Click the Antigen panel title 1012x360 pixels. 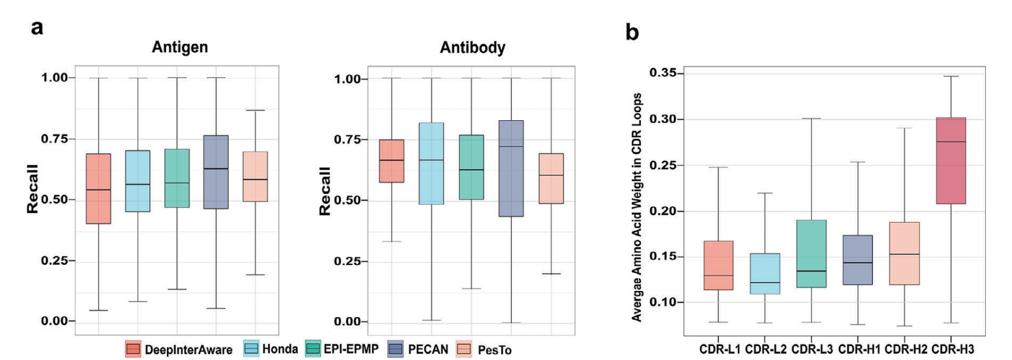179,47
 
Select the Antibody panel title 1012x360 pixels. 472,48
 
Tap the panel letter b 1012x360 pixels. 632,32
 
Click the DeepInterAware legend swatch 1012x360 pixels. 133,349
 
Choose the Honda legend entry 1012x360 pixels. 271,349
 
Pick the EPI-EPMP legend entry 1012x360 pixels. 342,349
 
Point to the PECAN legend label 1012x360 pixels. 428,349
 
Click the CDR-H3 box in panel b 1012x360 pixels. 950,160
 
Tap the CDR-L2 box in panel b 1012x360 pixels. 765,273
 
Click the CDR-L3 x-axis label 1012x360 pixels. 812,349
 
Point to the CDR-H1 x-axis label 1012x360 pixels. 859,349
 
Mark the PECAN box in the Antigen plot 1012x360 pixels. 216,172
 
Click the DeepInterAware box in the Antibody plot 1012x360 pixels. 391,161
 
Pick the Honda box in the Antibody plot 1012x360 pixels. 431,163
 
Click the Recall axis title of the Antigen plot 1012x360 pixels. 32,189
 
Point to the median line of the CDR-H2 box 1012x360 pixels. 904,254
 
